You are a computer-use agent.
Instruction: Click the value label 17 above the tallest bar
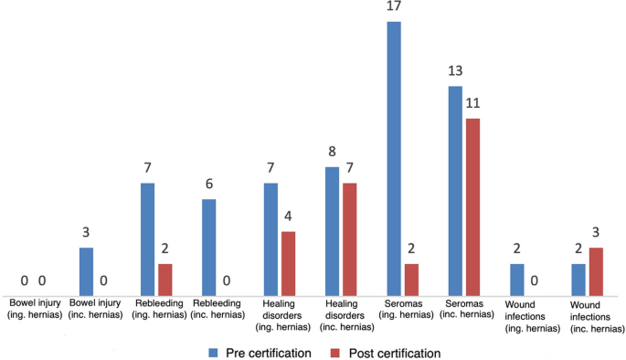(x=394, y=8)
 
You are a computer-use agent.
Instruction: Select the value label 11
(x=473, y=103)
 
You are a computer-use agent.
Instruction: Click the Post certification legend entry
(x=387, y=352)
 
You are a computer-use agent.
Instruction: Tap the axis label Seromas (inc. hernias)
(x=464, y=308)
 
